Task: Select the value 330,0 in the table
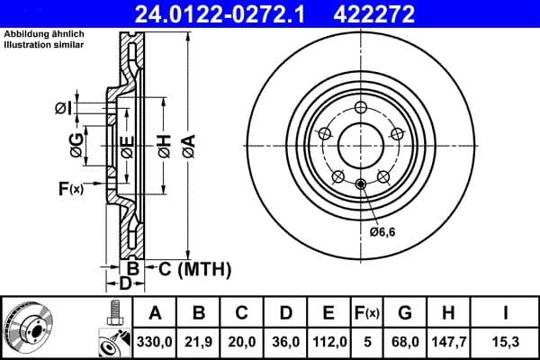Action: click(x=155, y=342)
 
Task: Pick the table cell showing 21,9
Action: click(x=200, y=342)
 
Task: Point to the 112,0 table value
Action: click(x=329, y=342)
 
